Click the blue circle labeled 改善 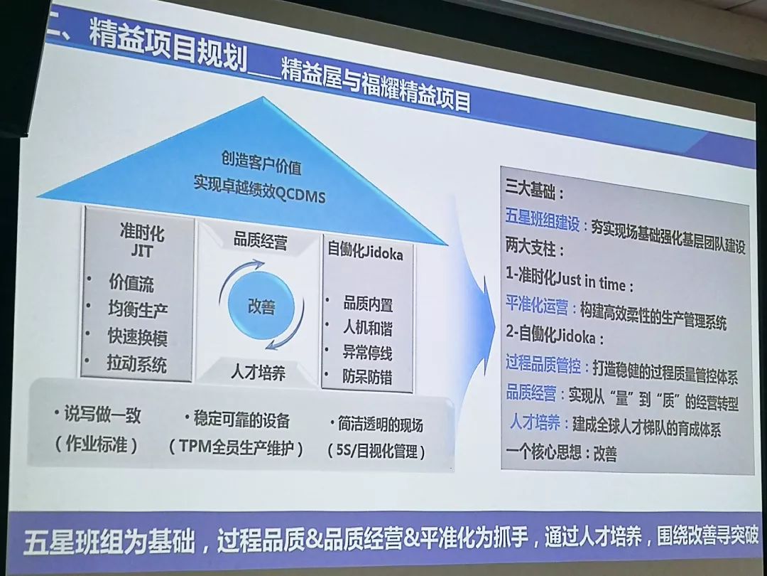tap(261, 306)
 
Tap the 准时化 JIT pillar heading tap(142, 240)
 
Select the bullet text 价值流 tap(131, 283)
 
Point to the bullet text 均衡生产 tap(138, 309)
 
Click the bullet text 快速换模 tap(138, 337)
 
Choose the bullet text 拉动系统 tap(137, 364)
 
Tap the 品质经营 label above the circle tap(260, 241)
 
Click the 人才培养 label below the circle tap(258, 373)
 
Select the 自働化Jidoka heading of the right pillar tap(366, 251)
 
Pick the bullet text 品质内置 tap(368, 304)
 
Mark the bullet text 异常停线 tap(367, 353)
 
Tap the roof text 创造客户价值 tap(261, 163)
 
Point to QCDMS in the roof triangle tap(301, 196)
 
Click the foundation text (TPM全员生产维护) tap(236, 448)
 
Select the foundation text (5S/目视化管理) tap(376, 451)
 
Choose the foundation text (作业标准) tap(97, 444)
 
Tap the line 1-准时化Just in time tap(570, 281)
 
